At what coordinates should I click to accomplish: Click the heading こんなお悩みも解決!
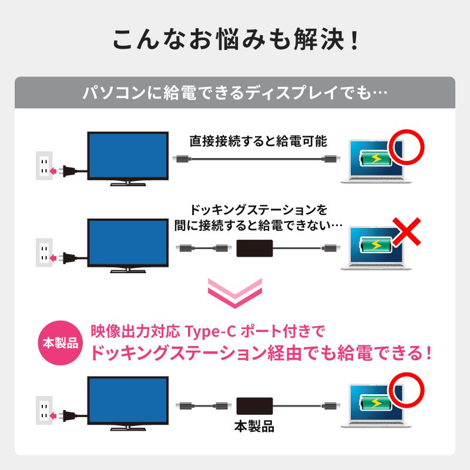coord(235,41)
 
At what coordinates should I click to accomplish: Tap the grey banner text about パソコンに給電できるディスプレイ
coord(234,93)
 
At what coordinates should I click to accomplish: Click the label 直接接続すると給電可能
coord(258,141)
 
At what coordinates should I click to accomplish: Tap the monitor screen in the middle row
coord(127,243)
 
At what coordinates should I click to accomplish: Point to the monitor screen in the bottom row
coord(127,401)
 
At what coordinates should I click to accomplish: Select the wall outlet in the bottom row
coord(44,411)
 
